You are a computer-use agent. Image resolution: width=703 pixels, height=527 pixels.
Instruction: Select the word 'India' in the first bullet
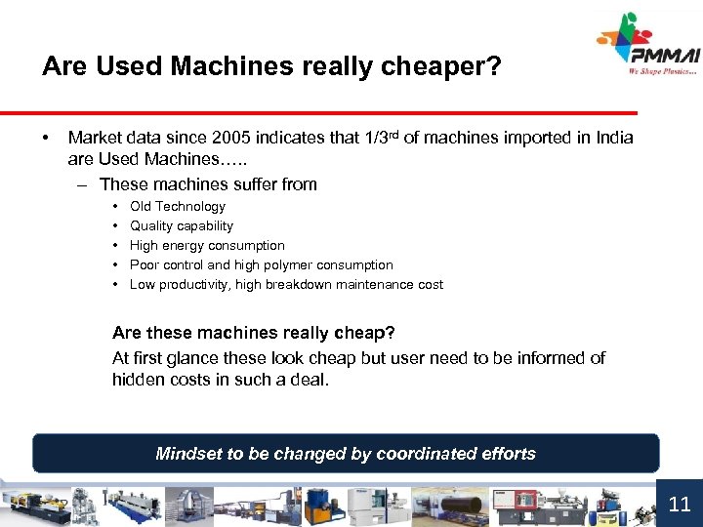[612, 139]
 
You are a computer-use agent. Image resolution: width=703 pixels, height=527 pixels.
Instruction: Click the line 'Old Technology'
[177, 206]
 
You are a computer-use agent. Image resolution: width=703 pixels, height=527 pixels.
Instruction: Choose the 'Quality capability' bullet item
[182, 225]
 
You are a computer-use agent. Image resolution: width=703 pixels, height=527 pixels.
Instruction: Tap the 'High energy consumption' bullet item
[207, 245]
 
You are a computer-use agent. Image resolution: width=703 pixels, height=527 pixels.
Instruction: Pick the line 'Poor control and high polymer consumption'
[261, 264]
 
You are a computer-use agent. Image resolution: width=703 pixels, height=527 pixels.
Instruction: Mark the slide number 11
[680, 504]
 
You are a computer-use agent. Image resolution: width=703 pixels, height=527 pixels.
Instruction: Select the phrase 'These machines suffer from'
[208, 183]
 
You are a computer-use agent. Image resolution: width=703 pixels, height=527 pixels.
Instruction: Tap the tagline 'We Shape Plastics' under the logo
[663, 71]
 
